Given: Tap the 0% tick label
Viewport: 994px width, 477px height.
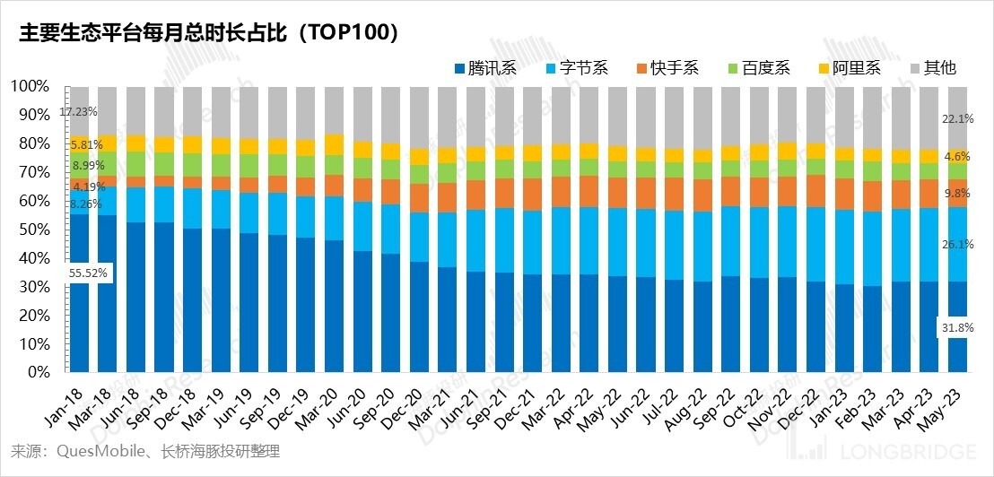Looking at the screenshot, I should [37, 372].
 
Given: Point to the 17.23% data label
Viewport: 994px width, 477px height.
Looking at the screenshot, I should [78, 112].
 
